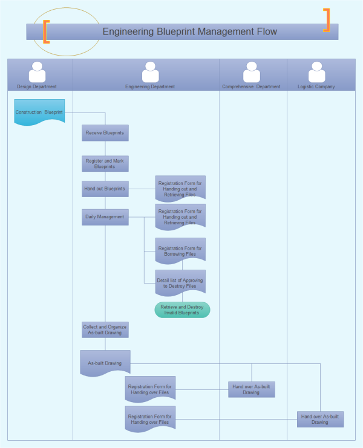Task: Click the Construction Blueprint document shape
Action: pyautogui.click(x=39, y=112)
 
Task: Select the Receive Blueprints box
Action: pyautogui.click(x=105, y=133)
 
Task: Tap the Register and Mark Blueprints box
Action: pyautogui.click(x=105, y=163)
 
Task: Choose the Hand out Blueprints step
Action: pyautogui.click(x=105, y=189)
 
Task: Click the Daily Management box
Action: pyautogui.click(x=105, y=217)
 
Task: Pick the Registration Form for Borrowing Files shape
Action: pyautogui.click(x=180, y=251)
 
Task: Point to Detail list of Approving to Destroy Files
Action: pyautogui.click(x=180, y=283)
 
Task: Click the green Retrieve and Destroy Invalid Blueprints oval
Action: pyautogui.click(x=182, y=310)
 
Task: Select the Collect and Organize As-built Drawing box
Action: pyautogui.click(x=105, y=330)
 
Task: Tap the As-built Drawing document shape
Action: pyautogui.click(x=105, y=363)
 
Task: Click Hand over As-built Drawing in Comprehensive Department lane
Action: pyautogui.click(x=252, y=389)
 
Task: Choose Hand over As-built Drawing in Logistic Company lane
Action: pyautogui.click(x=320, y=419)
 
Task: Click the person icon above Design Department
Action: pyautogui.click(x=38, y=72)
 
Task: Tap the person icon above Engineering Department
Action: pyautogui.click(x=150, y=72)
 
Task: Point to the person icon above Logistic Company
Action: pyautogui.click(x=316, y=72)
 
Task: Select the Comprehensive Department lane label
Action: pyautogui.click(x=251, y=86)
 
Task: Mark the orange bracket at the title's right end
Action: pyautogui.click(x=327, y=20)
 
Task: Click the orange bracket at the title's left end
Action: pyautogui.click(x=46, y=31)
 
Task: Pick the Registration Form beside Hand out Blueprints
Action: pyautogui.click(x=180, y=188)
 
